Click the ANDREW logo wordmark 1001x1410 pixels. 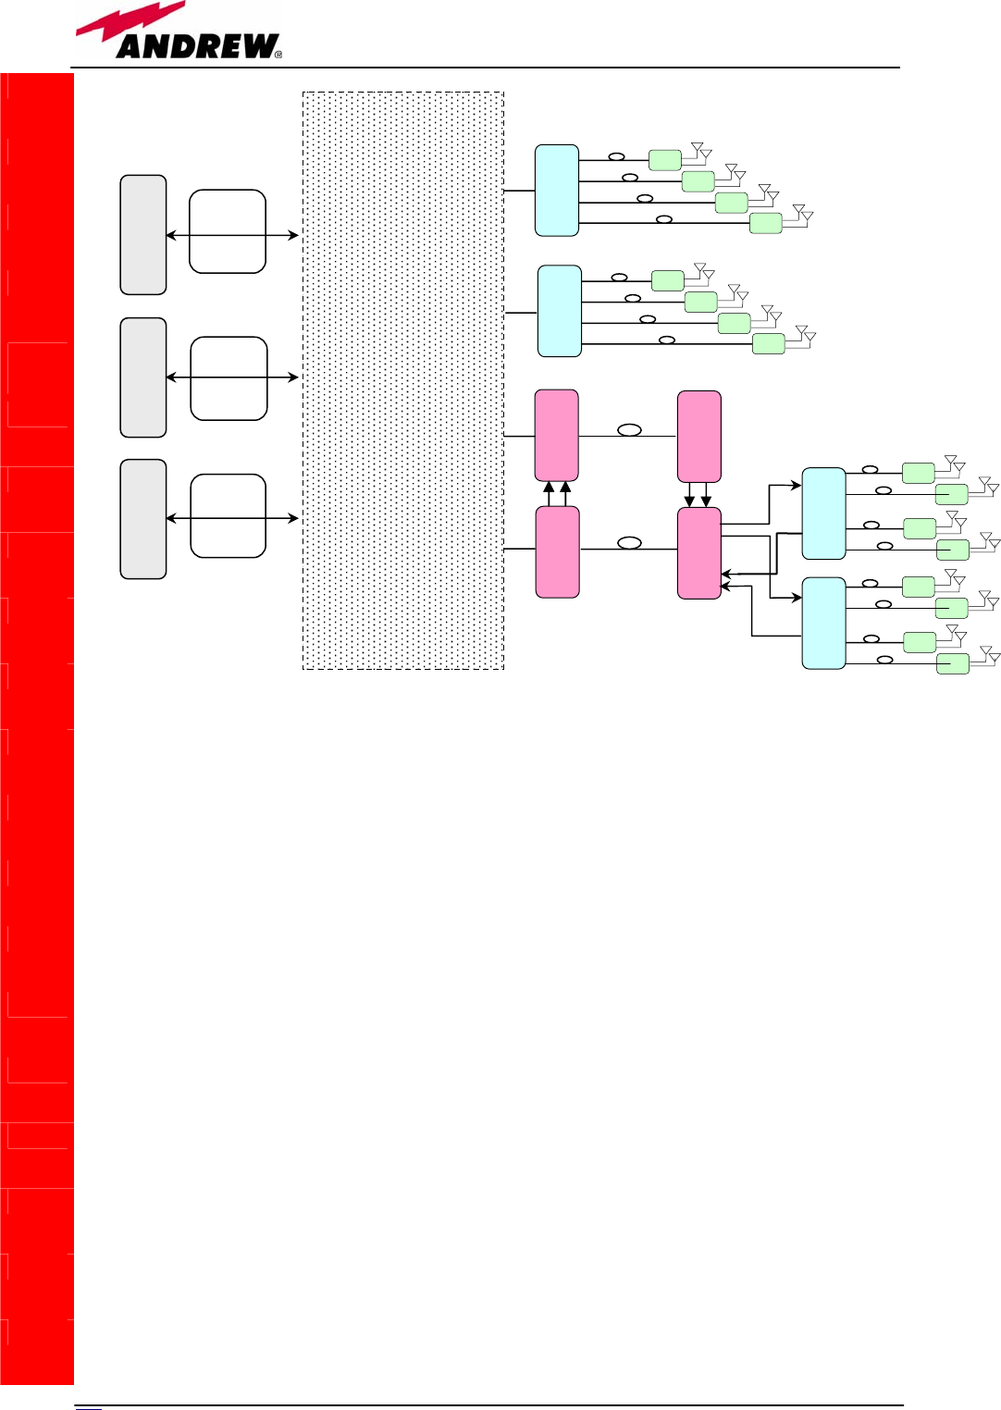[x=196, y=46]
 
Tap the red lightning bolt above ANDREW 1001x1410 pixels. [x=130, y=23]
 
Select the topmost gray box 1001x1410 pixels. [x=143, y=235]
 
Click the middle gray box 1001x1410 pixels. [x=143, y=377]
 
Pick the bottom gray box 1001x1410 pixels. [x=143, y=519]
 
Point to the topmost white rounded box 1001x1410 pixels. [x=228, y=231]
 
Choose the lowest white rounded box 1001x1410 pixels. [x=228, y=516]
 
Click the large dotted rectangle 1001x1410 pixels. [x=403, y=380]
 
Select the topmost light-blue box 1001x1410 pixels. [x=557, y=191]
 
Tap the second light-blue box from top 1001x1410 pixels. [x=560, y=311]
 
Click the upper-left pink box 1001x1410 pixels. [x=557, y=435]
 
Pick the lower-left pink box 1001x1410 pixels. [x=558, y=551]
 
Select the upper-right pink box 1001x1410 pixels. [x=699, y=436]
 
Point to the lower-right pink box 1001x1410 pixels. [x=699, y=553]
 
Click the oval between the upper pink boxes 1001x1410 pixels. [x=630, y=430]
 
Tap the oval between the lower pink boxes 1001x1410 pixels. [x=630, y=543]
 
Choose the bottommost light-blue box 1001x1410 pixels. [x=823, y=623]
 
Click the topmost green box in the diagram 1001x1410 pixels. [x=665, y=160]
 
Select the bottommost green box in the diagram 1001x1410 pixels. [x=953, y=663]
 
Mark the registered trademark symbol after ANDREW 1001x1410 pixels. [x=278, y=55]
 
